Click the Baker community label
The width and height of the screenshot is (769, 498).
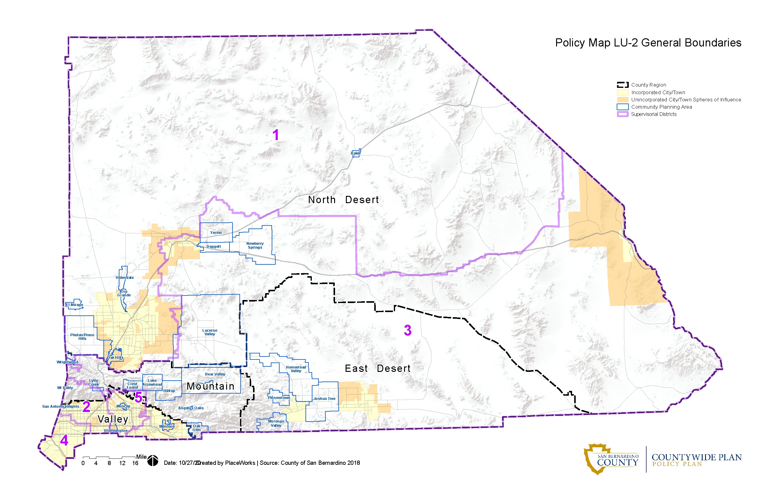356,153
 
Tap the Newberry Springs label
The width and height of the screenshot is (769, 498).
255,245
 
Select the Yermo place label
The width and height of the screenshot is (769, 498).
216,232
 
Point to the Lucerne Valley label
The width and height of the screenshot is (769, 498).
210,332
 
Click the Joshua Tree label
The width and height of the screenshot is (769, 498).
324,399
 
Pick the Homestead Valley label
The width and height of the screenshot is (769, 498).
296,369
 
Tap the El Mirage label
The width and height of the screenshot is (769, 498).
74,305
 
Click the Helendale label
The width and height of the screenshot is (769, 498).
125,277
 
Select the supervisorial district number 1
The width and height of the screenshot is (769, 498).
276,135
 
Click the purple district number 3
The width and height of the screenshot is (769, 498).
407,330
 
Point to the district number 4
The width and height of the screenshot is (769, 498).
64,440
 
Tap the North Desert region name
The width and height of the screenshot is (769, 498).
343,200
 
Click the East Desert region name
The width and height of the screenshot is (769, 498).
378,368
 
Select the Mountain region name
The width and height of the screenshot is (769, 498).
211,386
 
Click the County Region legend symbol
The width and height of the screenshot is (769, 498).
622,85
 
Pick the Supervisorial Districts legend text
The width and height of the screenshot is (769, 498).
654,114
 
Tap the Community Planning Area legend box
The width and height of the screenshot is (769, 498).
622,107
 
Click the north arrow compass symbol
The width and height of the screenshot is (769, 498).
153,461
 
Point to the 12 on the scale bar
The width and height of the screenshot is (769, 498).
122,463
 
